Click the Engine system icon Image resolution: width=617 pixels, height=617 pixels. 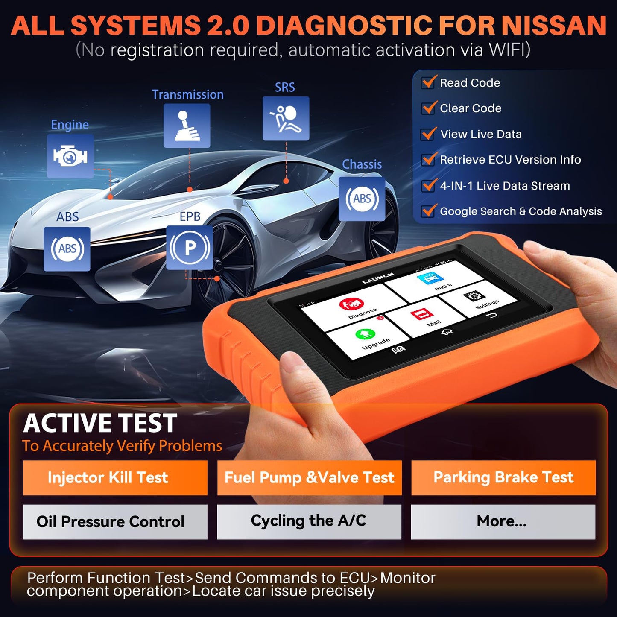[x=70, y=156]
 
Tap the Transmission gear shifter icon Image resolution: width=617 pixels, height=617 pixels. [x=187, y=126]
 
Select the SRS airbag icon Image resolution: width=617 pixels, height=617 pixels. [x=286, y=118]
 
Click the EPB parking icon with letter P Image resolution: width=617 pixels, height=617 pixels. [x=190, y=248]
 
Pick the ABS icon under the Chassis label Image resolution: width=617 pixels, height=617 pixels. [x=362, y=199]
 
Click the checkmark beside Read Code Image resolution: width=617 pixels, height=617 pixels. [x=429, y=82]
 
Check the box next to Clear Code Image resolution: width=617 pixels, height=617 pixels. [x=429, y=108]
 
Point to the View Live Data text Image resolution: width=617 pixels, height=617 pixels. [x=481, y=134]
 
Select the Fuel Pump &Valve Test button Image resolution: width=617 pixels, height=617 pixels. [x=309, y=477]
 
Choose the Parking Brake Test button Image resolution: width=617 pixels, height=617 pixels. [x=503, y=477]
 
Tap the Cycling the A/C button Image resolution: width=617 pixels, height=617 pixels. [x=309, y=521]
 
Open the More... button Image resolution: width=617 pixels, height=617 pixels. [x=503, y=521]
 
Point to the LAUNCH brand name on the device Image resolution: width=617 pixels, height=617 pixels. [x=378, y=278]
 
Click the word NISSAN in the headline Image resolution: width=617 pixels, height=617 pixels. [x=553, y=26]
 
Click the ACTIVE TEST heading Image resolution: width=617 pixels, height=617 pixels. [x=100, y=423]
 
